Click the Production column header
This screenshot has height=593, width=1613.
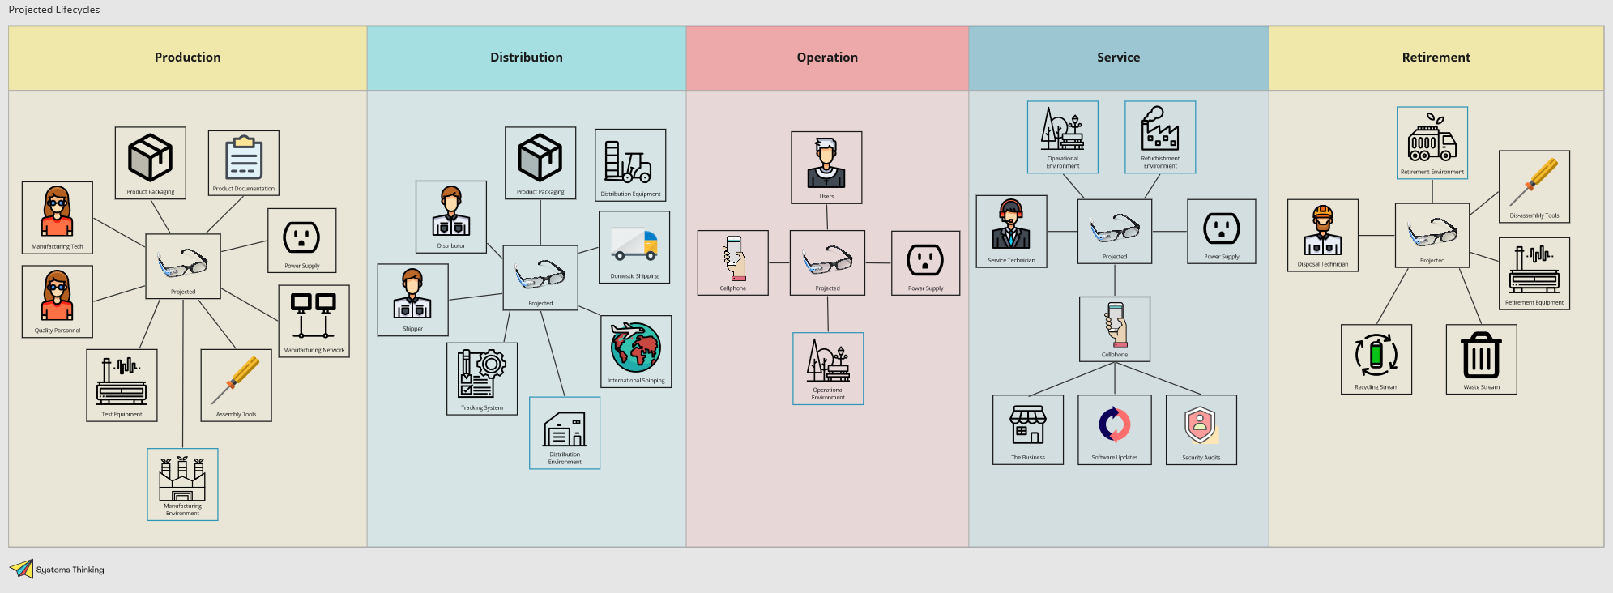click(187, 58)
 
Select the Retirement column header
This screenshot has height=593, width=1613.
click(1436, 58)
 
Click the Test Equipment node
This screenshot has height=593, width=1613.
click(122, 385)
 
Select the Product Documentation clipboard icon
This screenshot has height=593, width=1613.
click(244, 158)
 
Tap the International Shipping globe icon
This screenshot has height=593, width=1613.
click(636, 348)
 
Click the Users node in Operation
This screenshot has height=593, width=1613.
click(826, 167)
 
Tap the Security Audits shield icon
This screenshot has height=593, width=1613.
click(1201, 424)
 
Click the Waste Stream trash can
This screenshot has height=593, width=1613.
click(1481, 356)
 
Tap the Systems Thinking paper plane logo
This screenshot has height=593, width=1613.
click(21, 569)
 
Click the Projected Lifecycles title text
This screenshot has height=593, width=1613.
click(54, 10)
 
